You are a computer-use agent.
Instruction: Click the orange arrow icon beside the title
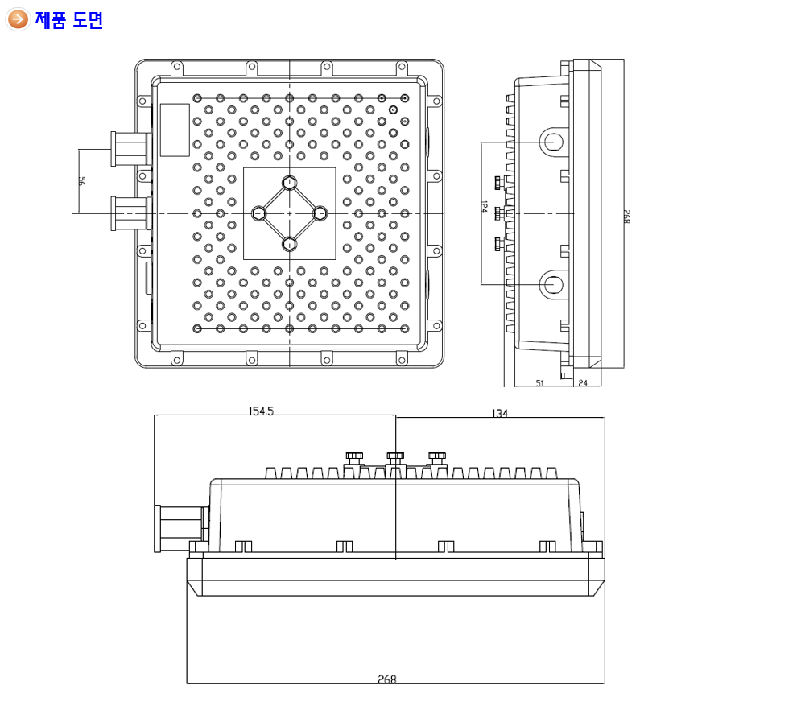[18, 19]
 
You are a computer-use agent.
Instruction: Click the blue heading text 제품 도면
[69, 20]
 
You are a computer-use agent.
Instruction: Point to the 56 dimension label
[81, 182]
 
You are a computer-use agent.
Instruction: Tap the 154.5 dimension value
[261, 411]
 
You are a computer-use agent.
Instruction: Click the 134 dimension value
[499, 413]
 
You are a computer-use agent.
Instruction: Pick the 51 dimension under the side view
[539, 383]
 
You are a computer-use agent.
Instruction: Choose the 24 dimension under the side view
[583, 383]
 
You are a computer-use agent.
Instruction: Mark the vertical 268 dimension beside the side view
[628, 216]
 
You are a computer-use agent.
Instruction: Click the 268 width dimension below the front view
[387, 679]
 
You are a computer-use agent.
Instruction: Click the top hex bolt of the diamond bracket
[290, 183]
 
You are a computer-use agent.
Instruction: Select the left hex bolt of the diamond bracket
[259, 213]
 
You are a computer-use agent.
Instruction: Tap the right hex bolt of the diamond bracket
[320, 213]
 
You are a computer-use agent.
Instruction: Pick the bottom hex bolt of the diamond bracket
[290, 243]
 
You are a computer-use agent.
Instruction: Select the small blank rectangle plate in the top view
[175, 130]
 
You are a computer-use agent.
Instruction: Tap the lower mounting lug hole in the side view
[552, 284]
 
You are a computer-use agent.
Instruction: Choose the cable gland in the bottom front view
[179, 528]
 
